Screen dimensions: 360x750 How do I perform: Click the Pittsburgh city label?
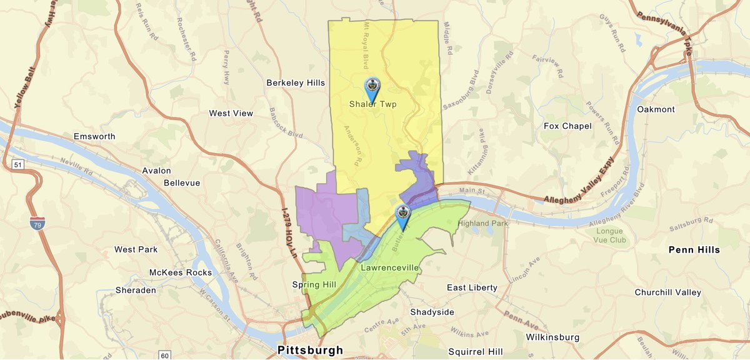pyautogui.click(x=310, y=350)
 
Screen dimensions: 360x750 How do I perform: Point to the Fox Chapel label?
pyautogui.click(x=567, y=126)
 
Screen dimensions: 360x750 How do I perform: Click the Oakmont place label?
pyautogui.click(x=656, y=109)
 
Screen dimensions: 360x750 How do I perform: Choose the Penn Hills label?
pyautogui.click(x=694, y=250)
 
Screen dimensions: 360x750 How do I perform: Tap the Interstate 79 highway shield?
pyautogui.click(x=38, y=222)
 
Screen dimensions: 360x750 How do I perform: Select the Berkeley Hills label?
pyautogui.click(x=296, y=82)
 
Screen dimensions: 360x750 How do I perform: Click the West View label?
pyautogui.click(x=231, y=113)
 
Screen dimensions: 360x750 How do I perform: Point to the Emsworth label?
pyautogui.click(x=95, y=136)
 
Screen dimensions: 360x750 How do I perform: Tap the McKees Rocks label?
pyautogui.click(x=181, y=272)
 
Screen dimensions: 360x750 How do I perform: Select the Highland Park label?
pyautogui.click(x=484, y=223)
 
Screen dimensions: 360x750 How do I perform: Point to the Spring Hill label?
pyautogui.click(x=314, y=285)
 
